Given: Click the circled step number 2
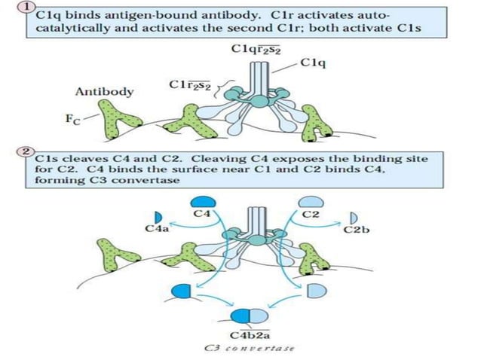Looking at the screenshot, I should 27,152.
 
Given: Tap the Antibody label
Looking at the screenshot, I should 104,91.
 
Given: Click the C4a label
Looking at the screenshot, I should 156,229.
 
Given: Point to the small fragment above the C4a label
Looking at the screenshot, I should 159,217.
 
